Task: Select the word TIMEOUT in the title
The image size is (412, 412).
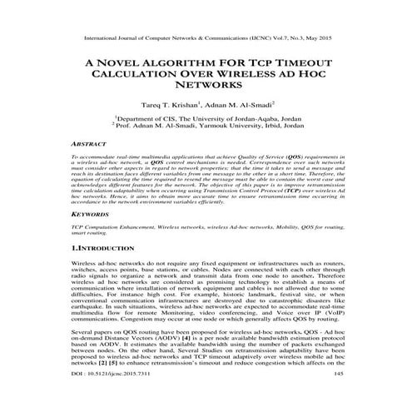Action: tap(302, 62)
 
